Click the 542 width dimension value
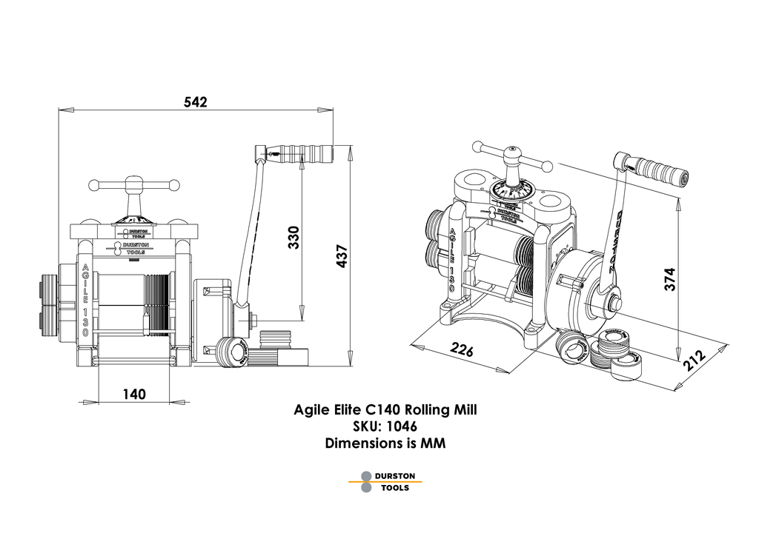coord(195,101)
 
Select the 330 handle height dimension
coord(294,237)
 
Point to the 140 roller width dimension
coord(133,394)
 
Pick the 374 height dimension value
coord(668,281)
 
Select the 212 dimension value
coord(695,359)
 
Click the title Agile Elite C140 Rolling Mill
coord(391,409)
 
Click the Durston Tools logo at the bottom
coord(391,482)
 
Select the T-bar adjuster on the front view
coord(133,185)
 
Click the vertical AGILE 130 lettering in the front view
coord(87,300)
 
